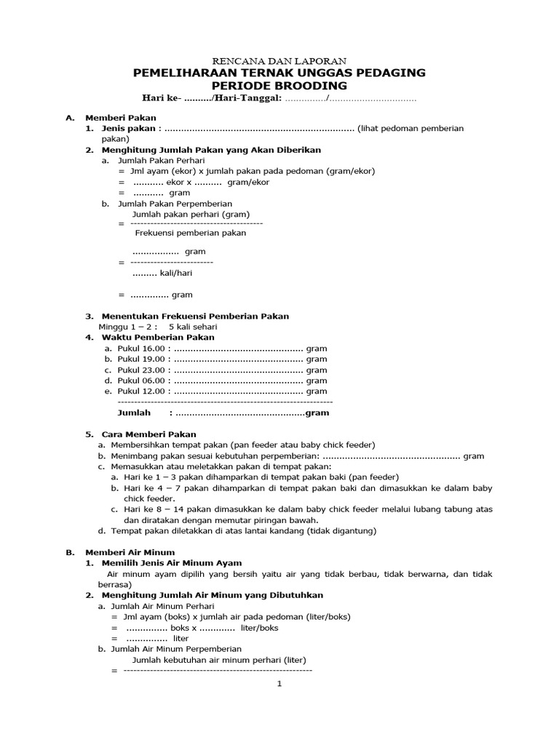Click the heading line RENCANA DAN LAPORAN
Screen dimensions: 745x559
279,61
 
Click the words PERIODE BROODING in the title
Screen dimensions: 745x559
279,85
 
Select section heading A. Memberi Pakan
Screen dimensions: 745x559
120,117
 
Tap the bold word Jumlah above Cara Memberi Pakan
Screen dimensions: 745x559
134,413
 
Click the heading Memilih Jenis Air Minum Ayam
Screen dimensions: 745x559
172,563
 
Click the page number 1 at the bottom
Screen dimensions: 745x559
279,684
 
